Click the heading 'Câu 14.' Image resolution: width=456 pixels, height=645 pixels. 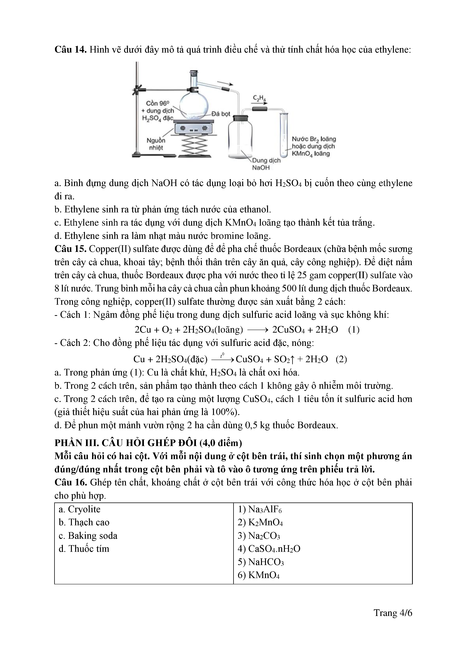[x=70, y=50]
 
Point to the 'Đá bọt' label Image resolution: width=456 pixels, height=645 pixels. [x=221, y=114]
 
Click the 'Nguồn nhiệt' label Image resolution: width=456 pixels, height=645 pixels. [x=156, y=144]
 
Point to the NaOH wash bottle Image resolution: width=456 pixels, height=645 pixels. [x=240, y=138]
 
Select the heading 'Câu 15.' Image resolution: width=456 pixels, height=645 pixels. [x=70, y=249]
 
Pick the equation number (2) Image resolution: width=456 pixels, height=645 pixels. [x=341, y=359]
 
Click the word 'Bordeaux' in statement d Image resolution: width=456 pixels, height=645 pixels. [x=317, y=425]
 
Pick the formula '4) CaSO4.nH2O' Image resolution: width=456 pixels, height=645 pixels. [x=269, y=549]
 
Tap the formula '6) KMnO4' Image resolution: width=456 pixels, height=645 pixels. [x=259, y=575]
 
